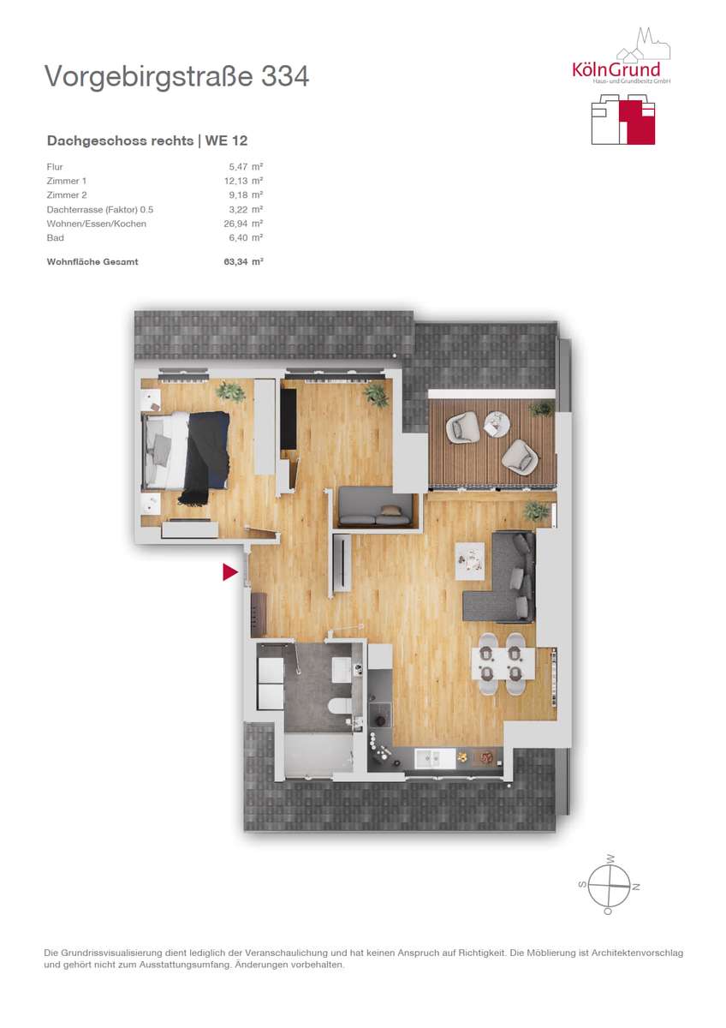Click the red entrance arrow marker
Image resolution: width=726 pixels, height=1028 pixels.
(229, 572)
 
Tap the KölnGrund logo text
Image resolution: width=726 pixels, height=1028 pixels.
(616, 69)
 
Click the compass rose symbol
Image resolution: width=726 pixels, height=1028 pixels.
(609, 885)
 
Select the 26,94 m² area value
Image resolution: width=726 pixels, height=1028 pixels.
(243, 224)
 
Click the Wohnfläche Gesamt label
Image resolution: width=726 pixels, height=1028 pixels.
(92, 262)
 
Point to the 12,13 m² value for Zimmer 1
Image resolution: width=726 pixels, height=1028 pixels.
(243, 181)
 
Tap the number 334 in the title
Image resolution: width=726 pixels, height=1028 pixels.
(285, 76)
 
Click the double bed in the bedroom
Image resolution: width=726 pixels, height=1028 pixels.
(185, 451)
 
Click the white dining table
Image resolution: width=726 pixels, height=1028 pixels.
(503, 663)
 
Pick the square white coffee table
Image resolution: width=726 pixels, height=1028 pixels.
(470, 561)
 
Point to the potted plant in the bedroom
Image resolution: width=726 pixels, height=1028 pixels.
(230, 392)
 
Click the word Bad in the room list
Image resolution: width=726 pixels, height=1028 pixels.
(55, 238)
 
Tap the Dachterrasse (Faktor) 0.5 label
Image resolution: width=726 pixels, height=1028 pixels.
(100, 210)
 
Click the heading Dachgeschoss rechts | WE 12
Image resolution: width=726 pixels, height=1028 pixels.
(147, 140)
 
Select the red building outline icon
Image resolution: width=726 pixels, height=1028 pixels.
(622, 119)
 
